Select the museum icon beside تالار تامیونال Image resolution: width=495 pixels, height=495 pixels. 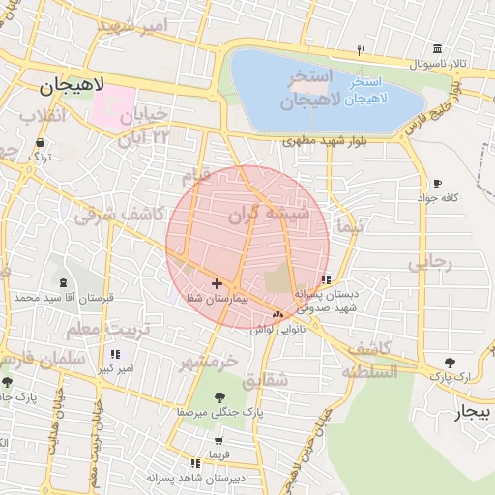(438, 49)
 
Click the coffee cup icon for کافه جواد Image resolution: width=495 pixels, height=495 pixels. (437, 183)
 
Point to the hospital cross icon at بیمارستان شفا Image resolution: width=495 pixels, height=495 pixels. (216, 283)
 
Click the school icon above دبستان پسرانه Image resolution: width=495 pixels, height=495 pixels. (325, 279)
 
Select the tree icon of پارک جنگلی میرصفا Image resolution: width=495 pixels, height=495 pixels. (219, 396)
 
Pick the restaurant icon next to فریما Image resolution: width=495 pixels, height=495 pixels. (196, 464)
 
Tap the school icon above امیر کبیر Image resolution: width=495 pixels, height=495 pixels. (117, 355)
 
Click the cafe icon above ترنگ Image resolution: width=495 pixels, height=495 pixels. (40, 142)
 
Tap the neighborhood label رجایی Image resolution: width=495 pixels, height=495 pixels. (429, 262)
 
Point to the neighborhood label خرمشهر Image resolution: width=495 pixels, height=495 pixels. (208, 362)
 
